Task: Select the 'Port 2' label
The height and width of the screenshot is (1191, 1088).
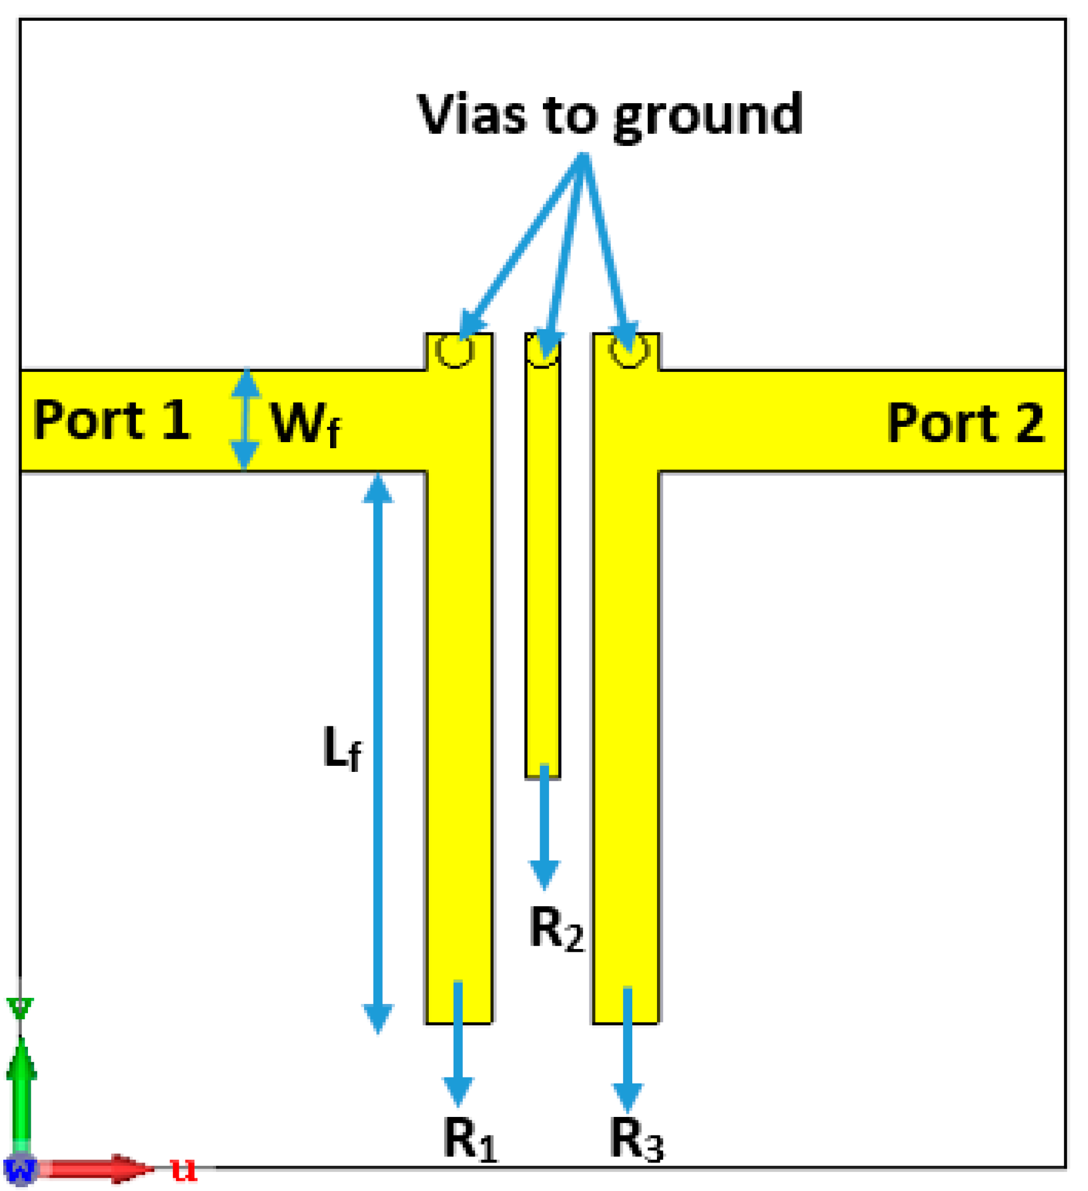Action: pos(965,422)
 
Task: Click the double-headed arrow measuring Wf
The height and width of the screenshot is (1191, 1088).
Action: pos(245,419)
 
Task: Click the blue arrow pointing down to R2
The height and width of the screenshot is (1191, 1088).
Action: pos(544,827)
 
